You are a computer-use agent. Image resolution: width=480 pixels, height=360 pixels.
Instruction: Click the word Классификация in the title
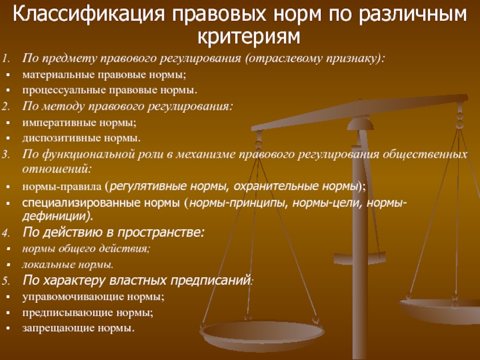coord(89,14)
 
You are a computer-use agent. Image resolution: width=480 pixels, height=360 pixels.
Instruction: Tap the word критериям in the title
coord(248,37)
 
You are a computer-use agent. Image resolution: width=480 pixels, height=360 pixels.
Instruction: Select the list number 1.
coord(6,58)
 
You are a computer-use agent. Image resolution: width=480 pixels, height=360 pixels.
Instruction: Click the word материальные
coord(58,74)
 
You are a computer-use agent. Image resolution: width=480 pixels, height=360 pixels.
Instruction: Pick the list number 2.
coord(6,107)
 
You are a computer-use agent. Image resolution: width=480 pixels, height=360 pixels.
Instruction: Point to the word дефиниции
coord(55,216)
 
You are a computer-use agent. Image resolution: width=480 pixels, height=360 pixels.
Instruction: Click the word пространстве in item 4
coord(159,233)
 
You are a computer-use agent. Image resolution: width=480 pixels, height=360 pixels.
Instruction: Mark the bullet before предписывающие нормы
coord(8,313)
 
